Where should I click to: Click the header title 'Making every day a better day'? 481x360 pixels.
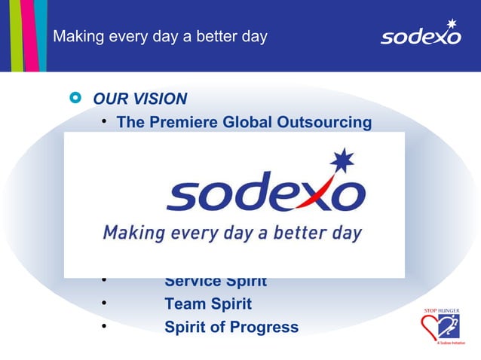click(160, 36)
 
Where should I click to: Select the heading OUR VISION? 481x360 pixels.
click(139, 99)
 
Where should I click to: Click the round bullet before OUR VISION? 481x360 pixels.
click(74, 99)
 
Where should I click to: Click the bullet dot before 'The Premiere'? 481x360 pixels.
click(103, 123)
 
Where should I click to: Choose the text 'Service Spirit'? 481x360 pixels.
click(216, 282)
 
